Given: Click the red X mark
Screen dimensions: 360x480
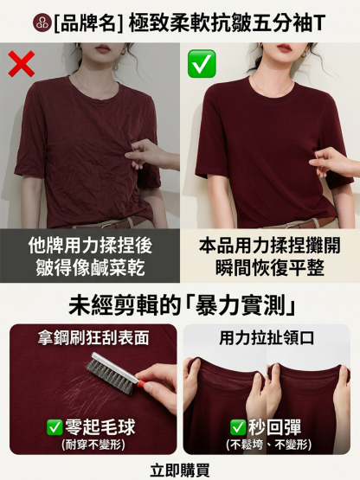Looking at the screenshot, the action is (21, 64).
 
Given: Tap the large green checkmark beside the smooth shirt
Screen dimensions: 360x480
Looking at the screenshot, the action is (202, 63).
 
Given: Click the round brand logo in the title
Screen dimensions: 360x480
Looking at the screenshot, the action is (42, 23).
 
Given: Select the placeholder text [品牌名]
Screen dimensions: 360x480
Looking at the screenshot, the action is (88, 23).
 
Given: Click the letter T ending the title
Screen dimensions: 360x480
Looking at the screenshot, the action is (319, 23).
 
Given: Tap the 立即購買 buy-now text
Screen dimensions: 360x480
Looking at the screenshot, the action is (180, 470).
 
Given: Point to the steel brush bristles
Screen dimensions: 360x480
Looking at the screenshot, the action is (110, 376).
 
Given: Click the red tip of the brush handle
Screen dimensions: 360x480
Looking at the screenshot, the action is (141, 383).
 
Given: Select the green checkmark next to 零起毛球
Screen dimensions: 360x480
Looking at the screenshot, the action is (55, 427).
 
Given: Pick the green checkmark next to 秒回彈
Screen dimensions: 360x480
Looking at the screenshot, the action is (238, 427).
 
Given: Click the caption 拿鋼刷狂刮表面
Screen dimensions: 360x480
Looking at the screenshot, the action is (93, 337).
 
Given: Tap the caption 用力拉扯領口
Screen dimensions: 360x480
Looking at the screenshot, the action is (267, 337).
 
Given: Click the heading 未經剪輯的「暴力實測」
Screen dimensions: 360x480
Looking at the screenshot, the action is (182, 305).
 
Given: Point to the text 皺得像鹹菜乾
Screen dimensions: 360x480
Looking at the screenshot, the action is (90, 268).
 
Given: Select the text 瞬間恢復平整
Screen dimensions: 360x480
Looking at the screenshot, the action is (270, 268).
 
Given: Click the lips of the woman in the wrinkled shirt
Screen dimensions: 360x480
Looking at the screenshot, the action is (103, 48).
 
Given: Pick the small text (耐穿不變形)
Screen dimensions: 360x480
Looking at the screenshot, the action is (93, 445).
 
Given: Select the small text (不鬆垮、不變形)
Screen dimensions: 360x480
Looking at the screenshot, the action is (268, 445).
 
